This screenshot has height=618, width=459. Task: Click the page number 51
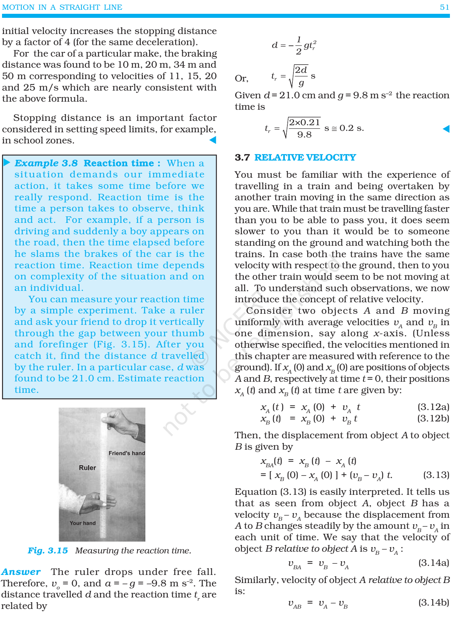point(444,7)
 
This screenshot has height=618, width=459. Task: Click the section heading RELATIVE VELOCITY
point(305,158)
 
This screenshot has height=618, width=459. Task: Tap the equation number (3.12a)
point(433,407)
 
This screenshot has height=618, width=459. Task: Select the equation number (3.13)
point(436,475)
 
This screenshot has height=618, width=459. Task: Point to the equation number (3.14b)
point(433,603)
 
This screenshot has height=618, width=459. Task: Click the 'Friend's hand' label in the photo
point(127,453)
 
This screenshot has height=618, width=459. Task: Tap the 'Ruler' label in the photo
point(87,468)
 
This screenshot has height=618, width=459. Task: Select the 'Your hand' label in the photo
point(83,523)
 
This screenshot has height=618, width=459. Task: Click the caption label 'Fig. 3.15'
point(48,551)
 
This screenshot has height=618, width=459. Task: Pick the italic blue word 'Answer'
point(21,572)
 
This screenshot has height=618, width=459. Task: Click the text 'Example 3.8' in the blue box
point(46,163)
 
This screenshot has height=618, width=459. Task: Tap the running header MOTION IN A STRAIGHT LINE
point(62,7)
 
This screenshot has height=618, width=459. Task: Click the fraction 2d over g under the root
point(301,76)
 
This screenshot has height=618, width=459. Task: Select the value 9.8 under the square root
point(304,135)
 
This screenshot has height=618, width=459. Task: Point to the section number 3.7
point(242,158)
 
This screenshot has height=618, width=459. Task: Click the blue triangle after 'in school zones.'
point(213,140)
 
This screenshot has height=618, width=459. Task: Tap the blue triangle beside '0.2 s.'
point(446,129)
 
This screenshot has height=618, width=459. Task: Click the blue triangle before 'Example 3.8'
point(7,163)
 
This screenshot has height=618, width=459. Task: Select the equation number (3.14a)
point(433,563)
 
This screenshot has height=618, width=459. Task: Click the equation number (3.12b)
point(433,418)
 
